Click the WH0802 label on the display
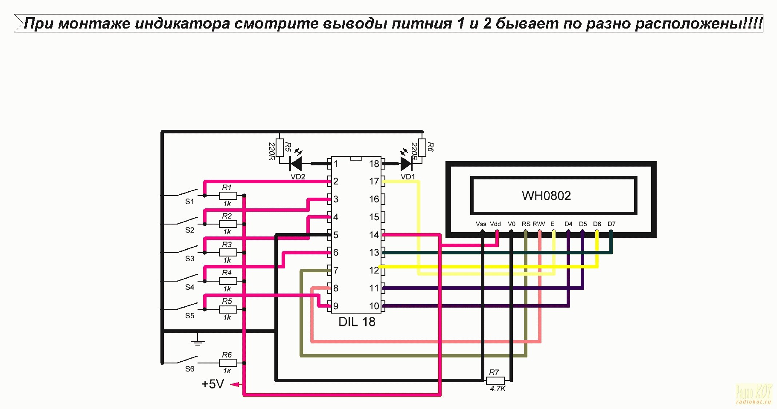point(546,196)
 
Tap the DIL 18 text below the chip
point(357,322)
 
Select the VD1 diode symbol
point(406,164)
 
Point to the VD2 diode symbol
point(296,164)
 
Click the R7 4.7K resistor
point(495,380)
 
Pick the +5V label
point(212,384)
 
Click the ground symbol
point(197,340)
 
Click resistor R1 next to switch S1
point(228,196)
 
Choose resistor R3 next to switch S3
point(228,253)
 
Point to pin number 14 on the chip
point(374,235)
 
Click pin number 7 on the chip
point(336,270)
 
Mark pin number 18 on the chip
point(374,164)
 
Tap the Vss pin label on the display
point(481,224)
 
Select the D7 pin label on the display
point(611,224)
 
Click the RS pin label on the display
point(526,224)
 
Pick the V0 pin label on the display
point(512,224)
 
